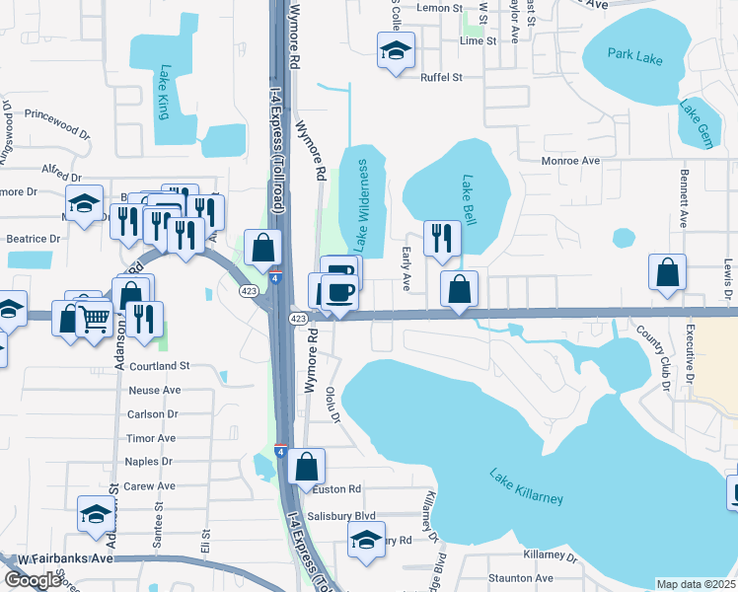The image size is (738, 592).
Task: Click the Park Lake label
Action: (x=635, y=57)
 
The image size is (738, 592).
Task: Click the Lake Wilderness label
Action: (x=361, y=204)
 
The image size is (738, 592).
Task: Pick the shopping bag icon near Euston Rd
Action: (x=308, y=467)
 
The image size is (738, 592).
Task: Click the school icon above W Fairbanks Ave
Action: (x=96, y=514)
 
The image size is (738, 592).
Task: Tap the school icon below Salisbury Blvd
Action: (x=366, y=540)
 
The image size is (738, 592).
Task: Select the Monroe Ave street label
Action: (x=570, y=160)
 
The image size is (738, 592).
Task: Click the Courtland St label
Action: (x=157, y=366)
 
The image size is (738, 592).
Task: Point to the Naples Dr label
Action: (x=149, y=461)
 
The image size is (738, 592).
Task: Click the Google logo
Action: (x=32, y=580)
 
